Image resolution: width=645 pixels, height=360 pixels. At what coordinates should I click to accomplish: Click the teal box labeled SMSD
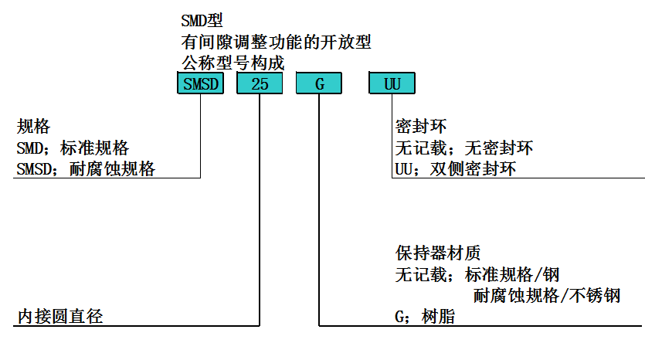coord(200,83)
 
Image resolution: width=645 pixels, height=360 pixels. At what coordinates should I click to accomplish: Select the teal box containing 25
coord(260,83)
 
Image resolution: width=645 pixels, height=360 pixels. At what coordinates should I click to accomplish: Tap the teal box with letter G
coord(319,83)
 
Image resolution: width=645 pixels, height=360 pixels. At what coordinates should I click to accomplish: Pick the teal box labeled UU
coord(392,83)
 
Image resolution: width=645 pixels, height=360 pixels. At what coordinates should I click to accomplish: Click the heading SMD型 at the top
coord(202,21)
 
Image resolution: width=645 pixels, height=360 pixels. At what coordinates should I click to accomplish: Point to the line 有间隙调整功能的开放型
coord(276,42)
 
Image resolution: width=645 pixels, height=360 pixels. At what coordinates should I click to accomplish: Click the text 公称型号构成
coord(233,63)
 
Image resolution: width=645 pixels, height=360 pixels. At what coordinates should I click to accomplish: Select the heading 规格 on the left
coord(33,126)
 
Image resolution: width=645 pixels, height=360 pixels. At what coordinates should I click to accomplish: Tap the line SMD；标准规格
coord(73,148)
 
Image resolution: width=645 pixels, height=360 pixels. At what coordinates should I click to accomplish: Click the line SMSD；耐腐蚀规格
coord(86,169)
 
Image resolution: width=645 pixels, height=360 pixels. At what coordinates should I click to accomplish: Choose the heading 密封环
coord(421,126)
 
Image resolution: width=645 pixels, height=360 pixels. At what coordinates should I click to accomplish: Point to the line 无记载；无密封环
coord(464,148)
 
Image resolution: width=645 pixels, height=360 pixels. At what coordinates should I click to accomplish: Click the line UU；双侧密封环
coord(456,169)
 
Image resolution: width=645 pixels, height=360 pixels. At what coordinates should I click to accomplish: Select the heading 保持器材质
coord(438,253)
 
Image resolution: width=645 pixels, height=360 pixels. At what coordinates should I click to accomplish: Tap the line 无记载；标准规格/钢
coord(477,274)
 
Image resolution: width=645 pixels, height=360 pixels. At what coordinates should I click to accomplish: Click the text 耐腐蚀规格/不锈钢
coord(547,296)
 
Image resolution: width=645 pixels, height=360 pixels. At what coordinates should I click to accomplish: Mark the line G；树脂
coord(425,317)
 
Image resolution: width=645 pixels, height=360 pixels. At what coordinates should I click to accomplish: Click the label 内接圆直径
coord(60,317)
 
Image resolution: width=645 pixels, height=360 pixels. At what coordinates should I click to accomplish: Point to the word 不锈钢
coord(595,296)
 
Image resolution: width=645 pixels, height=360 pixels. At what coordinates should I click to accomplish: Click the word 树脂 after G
coord(438,317)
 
